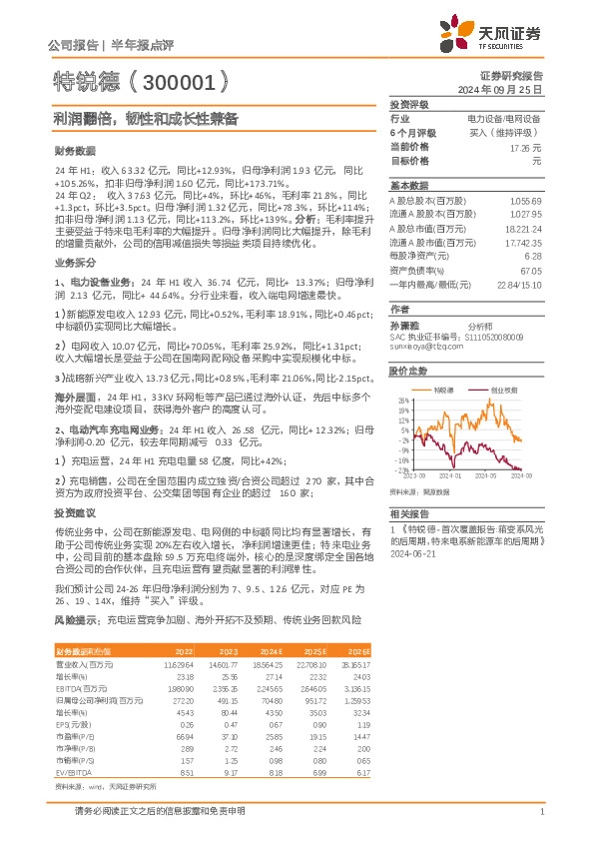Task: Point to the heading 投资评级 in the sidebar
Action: [408, 104]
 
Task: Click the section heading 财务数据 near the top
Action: [74, 150]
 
